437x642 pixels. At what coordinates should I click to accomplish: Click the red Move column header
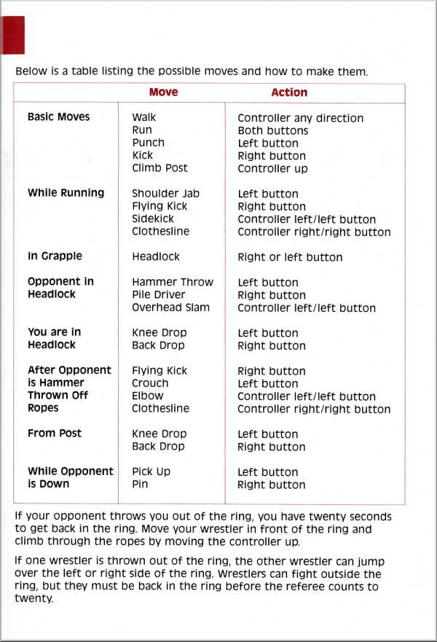click(163, 93)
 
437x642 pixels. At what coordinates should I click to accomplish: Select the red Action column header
click(289, 93)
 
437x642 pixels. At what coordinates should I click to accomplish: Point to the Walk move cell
click(143, 117)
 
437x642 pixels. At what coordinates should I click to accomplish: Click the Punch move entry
click(148, 143)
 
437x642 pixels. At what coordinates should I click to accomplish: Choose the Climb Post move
click(160, 168)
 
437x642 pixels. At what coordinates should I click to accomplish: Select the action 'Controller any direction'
click(300, 118)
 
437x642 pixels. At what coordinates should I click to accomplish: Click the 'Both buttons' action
click(272, 130)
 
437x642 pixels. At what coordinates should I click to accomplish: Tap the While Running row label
click(66, 193)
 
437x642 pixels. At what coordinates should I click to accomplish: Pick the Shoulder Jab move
click(165, 194)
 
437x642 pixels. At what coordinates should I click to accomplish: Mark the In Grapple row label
click(55, 257)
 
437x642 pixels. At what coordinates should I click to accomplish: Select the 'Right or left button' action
click(290, 257)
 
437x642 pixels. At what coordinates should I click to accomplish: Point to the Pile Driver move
click(158, 295)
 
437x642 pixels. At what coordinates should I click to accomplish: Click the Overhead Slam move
click(170, 308)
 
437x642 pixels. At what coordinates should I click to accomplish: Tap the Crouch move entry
click(150, 383)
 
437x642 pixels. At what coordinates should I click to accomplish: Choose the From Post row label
click(55, 434)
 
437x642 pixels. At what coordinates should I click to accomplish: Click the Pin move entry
click(140, 484)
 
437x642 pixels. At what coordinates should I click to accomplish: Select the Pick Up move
click(151, 471)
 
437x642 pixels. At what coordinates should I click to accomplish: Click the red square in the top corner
click(14, 34)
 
